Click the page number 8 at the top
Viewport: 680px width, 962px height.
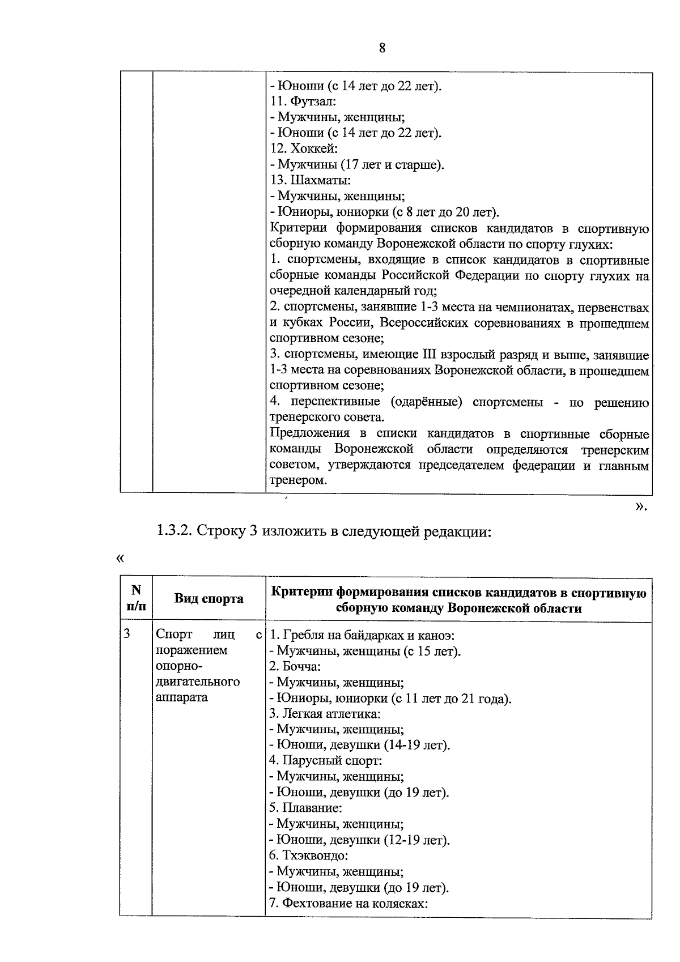pyautogui.click(x=381, y=48)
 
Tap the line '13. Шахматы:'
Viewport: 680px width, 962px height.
pyautogui.click(x=310, y=181)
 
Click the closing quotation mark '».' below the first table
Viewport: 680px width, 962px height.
pyautogui.click(x=641, y=506)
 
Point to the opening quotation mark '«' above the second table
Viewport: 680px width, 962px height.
pyautogui.click(x=120, y=559)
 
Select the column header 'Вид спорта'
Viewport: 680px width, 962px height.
pyautogui.click(x=209, y=599)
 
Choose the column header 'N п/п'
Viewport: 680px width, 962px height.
pyautogui.click(x=136, y=599)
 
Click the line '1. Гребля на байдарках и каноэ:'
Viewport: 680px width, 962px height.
pyautogui.click(x=362, y=635)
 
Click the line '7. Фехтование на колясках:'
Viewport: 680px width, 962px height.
pyautogui.click(x=348, y=903)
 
